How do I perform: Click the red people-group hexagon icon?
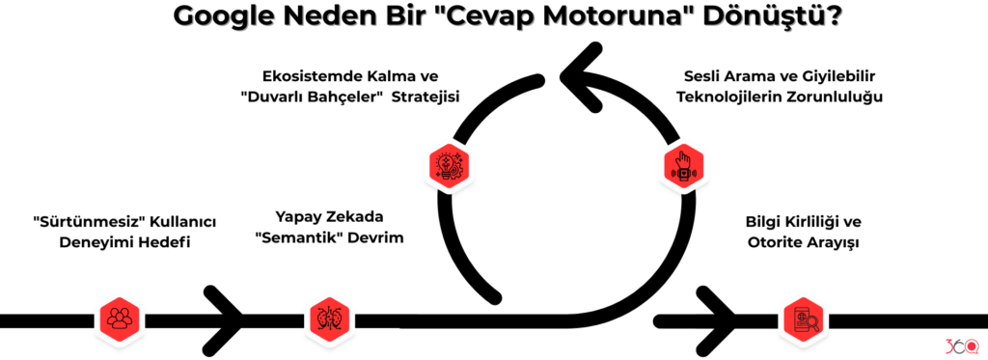click(x=120, y=318)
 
